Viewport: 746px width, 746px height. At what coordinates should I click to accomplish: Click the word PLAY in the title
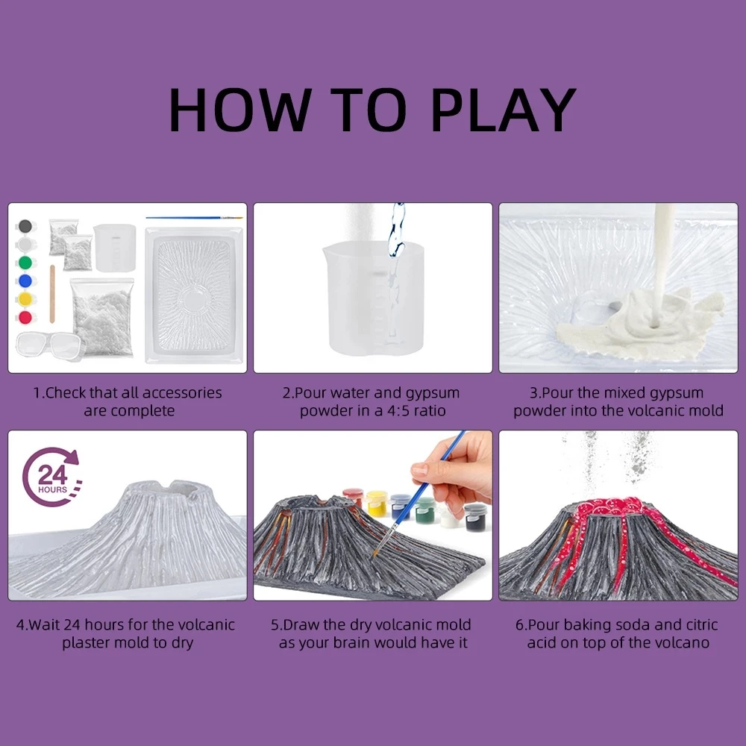click(x=504, y=110)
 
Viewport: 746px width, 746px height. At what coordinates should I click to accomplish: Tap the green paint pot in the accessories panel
click(x=25, y=263)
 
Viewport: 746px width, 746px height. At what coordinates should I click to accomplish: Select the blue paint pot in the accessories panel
click(x=25, y=280)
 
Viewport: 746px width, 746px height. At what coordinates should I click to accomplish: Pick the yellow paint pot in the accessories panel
click(x=25, y=299)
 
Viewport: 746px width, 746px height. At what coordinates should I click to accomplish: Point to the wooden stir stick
click(x=52, y=294)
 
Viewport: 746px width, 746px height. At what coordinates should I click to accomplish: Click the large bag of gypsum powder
click(x=101, y=318)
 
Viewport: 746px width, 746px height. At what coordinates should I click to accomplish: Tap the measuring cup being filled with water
click(x=373, y=298)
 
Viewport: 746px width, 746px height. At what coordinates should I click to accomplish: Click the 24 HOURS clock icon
click(x=51, y=477)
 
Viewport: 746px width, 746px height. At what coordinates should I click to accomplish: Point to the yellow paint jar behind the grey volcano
click(x=377, y=504)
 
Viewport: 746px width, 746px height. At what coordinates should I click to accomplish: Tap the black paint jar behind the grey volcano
click(x=475, y=517)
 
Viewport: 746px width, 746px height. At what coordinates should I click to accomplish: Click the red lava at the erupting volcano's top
click(x=612, y=508)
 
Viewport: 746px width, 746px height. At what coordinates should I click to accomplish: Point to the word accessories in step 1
click(x=182, y=393)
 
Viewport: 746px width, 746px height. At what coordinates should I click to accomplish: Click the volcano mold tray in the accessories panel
click(x=194, y=295)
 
